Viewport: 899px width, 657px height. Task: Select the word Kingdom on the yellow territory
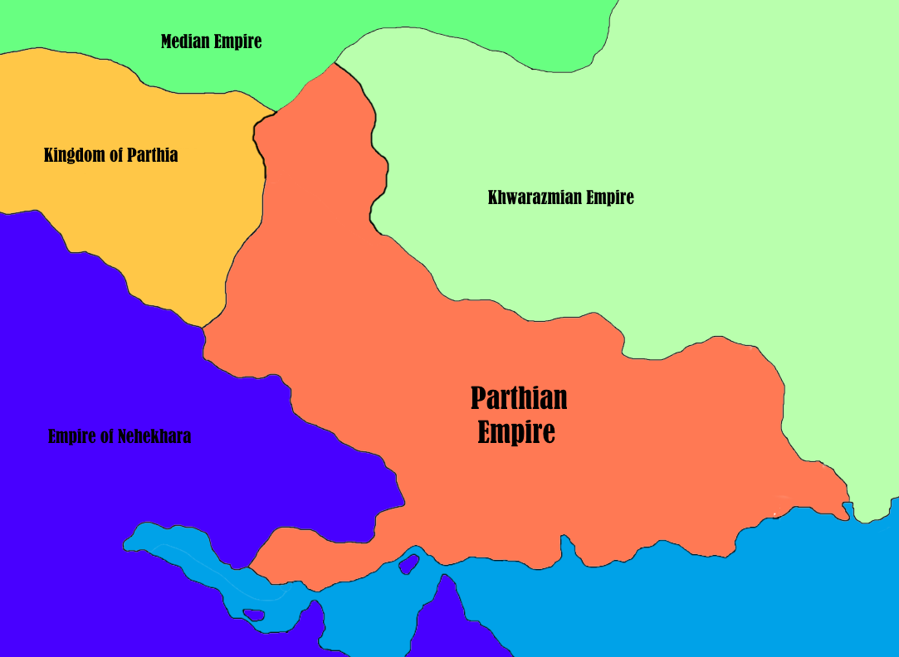(71, 155)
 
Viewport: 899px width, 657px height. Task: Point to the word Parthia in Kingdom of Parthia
(152, 155)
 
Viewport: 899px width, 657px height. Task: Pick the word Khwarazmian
(534, 197)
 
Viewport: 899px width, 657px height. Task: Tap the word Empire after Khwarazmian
(611, 197)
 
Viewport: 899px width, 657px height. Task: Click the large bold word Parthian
(519, 398)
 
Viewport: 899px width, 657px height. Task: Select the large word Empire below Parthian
(515, 432)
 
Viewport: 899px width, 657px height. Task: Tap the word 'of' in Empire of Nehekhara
(108, 436)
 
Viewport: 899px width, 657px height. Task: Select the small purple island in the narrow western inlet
(253, 615)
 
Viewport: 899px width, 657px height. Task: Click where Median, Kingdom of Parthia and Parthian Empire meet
(276, 110)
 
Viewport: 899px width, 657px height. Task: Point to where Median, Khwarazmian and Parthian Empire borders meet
(335, 63)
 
